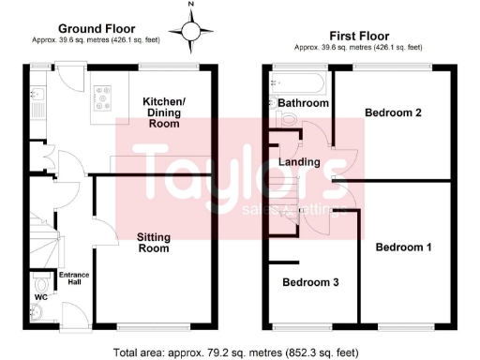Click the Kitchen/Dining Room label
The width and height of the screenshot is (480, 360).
point(169,112)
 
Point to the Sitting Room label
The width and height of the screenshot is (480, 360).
point(153,243)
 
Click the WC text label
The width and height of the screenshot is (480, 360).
point(41,297)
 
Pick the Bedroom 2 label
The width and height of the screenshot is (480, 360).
point(392,112)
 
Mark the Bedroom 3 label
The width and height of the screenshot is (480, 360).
point(311,282)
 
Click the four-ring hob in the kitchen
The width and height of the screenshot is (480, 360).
point(101,96)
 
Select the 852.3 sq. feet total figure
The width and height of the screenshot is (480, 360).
point(314,352)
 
